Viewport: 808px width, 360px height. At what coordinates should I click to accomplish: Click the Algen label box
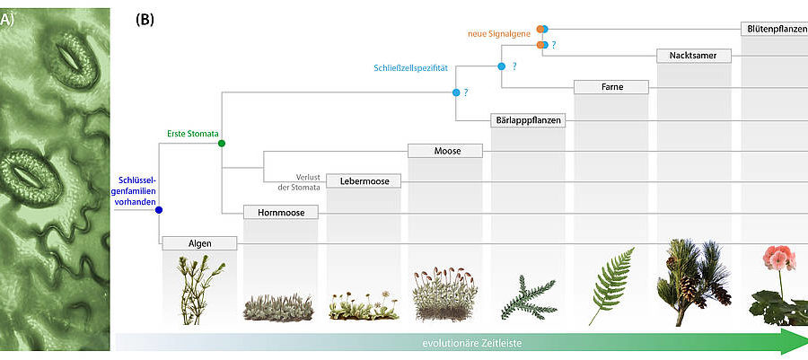pos(199,243)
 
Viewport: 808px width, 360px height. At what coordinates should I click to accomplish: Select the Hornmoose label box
pos(282,213)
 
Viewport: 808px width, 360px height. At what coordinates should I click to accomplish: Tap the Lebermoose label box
pos(364,181)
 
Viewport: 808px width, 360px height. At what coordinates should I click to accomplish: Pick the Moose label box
pos(447,151)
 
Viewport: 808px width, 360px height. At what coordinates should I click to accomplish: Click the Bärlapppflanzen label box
pos(529,119)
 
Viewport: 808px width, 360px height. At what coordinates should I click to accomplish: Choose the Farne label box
pos(611,87)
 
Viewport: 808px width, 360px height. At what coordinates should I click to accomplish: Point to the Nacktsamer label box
pos(694,56)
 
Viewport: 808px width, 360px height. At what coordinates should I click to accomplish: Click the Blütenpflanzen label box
pos(775,29)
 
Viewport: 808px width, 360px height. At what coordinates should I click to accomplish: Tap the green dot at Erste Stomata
pos(221,143)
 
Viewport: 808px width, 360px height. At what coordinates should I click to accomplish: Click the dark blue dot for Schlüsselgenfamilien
pos(159,210)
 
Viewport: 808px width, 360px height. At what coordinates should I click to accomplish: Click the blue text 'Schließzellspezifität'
pos(410,68)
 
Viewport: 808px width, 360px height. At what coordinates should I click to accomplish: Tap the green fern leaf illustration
pos(610,285)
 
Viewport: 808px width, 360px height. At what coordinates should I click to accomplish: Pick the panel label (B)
pos(145,18)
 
